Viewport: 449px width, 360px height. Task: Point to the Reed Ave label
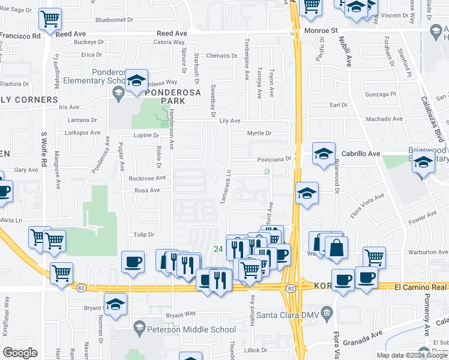pyautogui.click(x=172, y=34)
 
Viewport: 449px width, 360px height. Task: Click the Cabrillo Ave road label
pyautogui.click(x=361, y=154)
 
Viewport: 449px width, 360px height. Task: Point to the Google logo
pyautogui.click(x=20, y=352)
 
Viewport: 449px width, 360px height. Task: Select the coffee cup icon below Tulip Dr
pyautogui.click(x=133, y=262)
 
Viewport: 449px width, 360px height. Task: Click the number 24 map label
pyautogui.click(x=218, y=249)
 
